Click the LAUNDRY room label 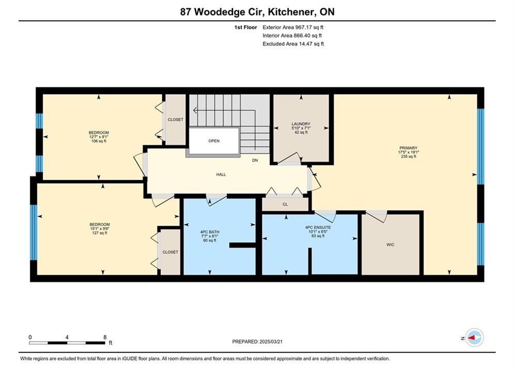(x=301, y=124)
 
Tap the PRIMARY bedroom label (x=408, y=148)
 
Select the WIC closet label (x=390, y=244)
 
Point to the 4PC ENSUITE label (x=318, y=227)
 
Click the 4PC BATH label (x=210, y=231)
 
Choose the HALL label (x=221, y=175)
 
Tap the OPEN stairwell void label (x=214, y=141)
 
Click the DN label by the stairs (x=255, y=160)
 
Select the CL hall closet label (x=285, y=204)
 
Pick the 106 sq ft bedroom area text (x=99, y=141)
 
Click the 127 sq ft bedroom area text (x=100, y=233)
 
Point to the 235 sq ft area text (x=409, y=157)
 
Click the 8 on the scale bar (x=105, y=337)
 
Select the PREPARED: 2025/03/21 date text (x=257, y=342)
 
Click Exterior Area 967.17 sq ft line (x=293, y=27)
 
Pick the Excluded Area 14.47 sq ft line (x=293, y=43)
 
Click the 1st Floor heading (x=245, y=27)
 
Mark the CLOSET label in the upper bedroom (x=175, y=120)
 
